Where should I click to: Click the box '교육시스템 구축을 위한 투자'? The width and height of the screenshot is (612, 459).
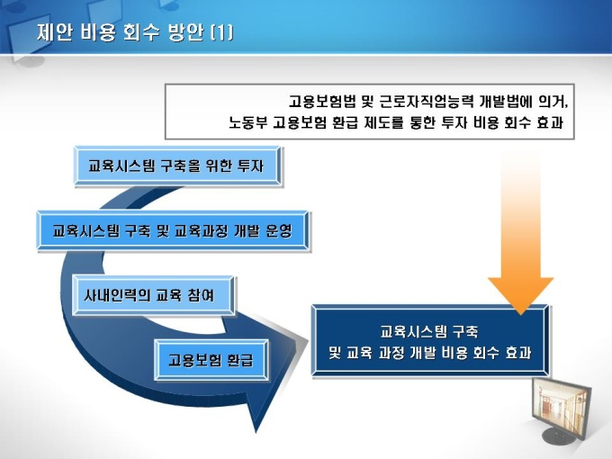(177, 166)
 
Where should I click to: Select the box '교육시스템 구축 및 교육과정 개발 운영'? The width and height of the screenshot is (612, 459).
(174, 230)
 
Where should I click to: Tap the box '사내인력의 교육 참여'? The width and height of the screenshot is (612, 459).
(153, 295)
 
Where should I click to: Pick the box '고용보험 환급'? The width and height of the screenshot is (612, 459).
(211, 360)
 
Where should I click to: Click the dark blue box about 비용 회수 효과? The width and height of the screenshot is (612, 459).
(430, 341)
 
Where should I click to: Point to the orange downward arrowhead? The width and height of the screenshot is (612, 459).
(521, 294)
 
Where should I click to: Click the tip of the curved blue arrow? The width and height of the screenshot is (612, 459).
(256, 433)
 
